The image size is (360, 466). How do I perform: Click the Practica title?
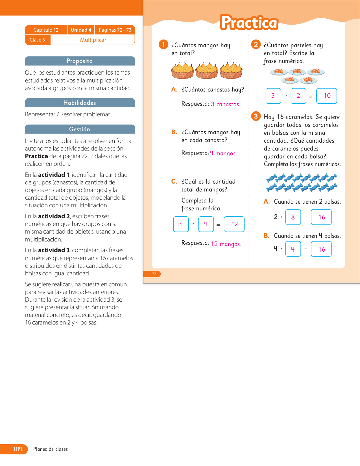[x=249, y=22]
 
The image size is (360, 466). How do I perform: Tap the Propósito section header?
[x=80, y=61]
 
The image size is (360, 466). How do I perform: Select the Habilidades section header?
[x=80, y=103]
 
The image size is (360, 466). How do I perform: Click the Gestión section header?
[x=80, y=129]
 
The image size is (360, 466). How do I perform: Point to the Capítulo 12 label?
[x=46, y=30]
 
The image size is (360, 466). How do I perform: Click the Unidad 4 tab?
[x=81, y=30]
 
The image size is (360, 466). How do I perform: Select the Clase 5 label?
[x=37, y=40]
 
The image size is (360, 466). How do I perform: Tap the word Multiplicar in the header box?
[x=93, y=40]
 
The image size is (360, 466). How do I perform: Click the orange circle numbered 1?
[x=163, y=44]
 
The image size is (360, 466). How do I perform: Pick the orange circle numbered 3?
[x=256, y=116]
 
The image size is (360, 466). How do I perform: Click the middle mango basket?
[x=207, y=71]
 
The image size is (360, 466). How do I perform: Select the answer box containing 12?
[x=234, y=224]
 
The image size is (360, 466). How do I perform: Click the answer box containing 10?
[x=327, y=96]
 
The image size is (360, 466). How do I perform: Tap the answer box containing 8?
[x=293, y=217]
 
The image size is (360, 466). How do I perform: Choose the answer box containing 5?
[x=273, y=96]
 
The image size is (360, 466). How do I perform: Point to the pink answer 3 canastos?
[x=226, y=104]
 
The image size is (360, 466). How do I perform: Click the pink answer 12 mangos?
[x=226, y=244]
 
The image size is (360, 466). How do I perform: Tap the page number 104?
[x=18, y=449]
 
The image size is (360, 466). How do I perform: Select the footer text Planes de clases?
[x=50, y=449]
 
